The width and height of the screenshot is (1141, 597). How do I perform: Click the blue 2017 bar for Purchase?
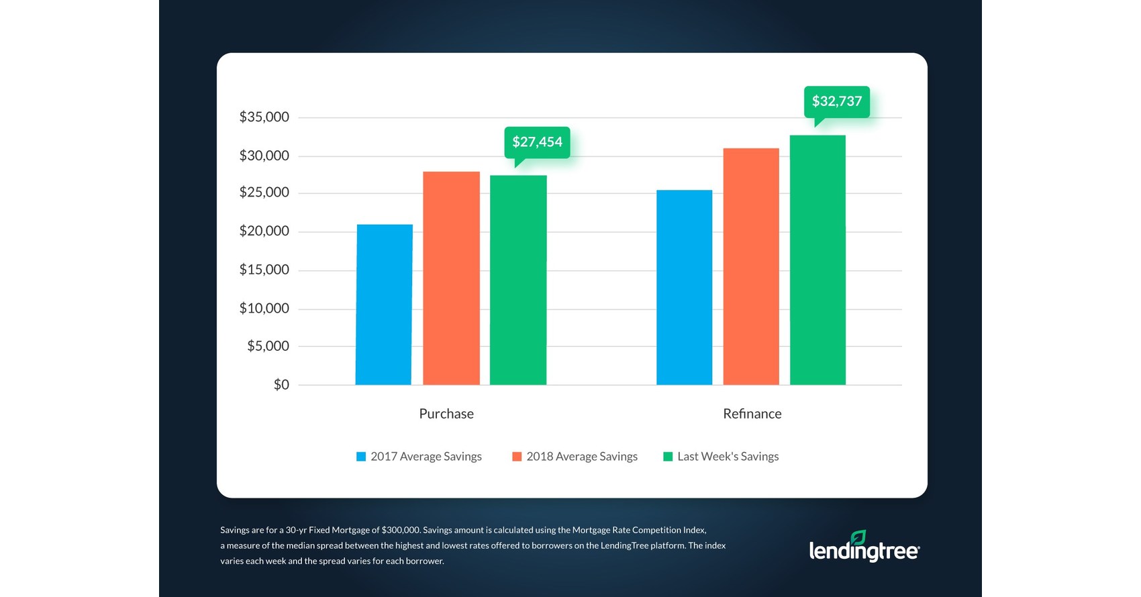tap(384, 305)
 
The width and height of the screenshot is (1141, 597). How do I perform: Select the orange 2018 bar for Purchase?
tap(451, 278)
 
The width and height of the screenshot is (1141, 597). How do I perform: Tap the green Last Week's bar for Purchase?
tap(518, 280)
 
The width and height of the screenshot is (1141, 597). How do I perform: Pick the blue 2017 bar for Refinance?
tap(684, 288)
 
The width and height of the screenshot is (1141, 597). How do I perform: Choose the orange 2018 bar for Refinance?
tap(751, 266)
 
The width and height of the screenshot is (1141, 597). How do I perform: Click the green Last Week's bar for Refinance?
tap(817, 260)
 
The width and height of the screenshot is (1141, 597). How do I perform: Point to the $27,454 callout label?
tap(537, 142)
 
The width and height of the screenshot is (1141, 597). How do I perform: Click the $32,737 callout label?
tap(837, 101)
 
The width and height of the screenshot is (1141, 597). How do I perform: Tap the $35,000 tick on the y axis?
tap(264, 117)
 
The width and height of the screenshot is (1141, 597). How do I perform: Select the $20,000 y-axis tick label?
tap(264, 231)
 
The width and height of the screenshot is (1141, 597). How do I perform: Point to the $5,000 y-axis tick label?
tap(268, 346)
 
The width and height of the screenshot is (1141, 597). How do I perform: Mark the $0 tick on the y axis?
tap(281, 385)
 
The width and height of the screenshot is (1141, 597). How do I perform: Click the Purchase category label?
tap(446, 414)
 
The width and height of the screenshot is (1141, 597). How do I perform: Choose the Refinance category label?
tap(752, 414)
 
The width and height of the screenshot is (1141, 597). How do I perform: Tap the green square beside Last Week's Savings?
tap(668, 457)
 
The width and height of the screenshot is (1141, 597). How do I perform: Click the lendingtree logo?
tap(864, 547)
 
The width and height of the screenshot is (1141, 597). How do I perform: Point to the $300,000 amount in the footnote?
tap(400, 530)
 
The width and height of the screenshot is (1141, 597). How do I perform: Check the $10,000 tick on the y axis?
tap(264, 309)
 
